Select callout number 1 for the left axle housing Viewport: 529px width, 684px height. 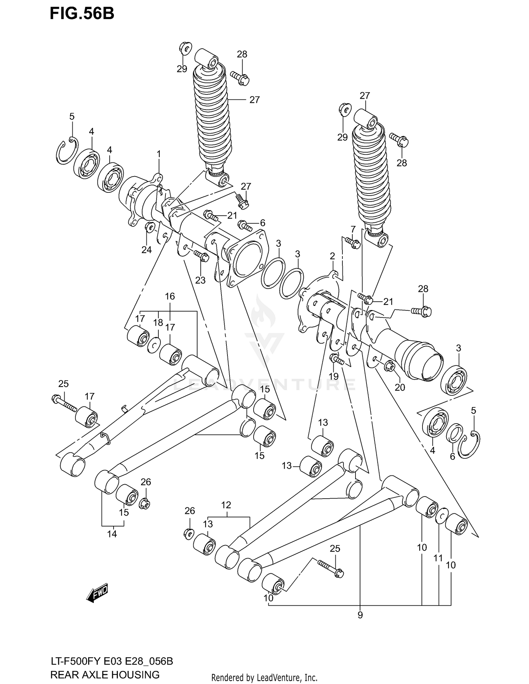pos(159,154)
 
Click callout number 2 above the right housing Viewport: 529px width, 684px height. pos(332,256)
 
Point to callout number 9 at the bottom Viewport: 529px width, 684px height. pos(360,615)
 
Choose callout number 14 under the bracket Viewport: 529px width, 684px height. pos(112,534)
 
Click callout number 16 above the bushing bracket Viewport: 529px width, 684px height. pos(170,296)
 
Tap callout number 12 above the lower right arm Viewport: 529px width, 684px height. pos(226,505)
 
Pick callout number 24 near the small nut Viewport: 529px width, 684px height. pos(147,250)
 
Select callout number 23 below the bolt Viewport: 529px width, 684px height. pos(200,280)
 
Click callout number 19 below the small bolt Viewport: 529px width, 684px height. pos(334,376)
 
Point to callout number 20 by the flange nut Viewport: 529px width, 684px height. pos(400,387)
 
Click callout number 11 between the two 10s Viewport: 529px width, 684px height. pos(438,558)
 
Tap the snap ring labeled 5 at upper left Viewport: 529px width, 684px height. pos(66,152)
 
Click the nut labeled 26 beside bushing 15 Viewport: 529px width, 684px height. pos(145,504)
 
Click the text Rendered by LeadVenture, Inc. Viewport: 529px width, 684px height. pos(264,677)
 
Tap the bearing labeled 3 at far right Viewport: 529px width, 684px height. pos(454,381)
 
